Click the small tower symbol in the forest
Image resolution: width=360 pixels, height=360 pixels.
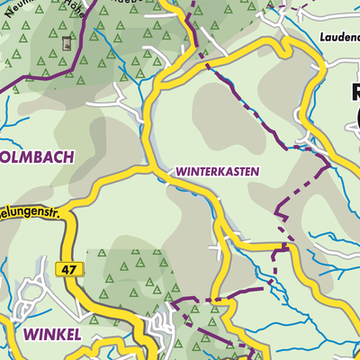tap(65, 42)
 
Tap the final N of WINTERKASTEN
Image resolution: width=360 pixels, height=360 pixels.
tap(256, 170)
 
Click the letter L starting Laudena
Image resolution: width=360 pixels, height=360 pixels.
tap(321, 38)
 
